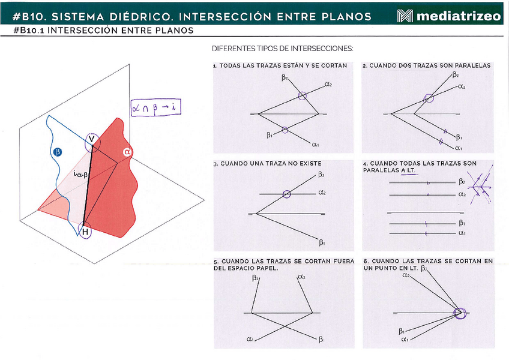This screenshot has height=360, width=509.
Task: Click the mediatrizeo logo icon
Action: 405,16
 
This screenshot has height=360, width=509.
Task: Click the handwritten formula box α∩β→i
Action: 155,107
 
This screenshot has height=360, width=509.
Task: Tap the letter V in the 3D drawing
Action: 92,139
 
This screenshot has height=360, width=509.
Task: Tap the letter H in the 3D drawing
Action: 85,232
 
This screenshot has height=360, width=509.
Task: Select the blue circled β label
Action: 57,152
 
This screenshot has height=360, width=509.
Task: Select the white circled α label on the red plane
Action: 127,152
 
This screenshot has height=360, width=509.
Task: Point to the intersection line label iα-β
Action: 80,175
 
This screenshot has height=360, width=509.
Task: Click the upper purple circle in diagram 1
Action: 303,96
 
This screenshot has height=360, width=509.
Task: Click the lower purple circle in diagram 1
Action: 285,130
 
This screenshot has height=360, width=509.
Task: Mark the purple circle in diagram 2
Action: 429,98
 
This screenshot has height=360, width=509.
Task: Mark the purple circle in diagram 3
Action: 286,194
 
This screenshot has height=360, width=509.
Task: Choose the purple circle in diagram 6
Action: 460,313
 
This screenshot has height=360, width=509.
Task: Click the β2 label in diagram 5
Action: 256,278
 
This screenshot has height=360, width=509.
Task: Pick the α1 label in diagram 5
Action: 250,339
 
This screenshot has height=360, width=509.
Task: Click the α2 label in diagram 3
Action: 322,193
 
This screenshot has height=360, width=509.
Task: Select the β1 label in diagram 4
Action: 462,223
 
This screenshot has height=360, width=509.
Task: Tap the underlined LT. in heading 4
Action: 410,170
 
